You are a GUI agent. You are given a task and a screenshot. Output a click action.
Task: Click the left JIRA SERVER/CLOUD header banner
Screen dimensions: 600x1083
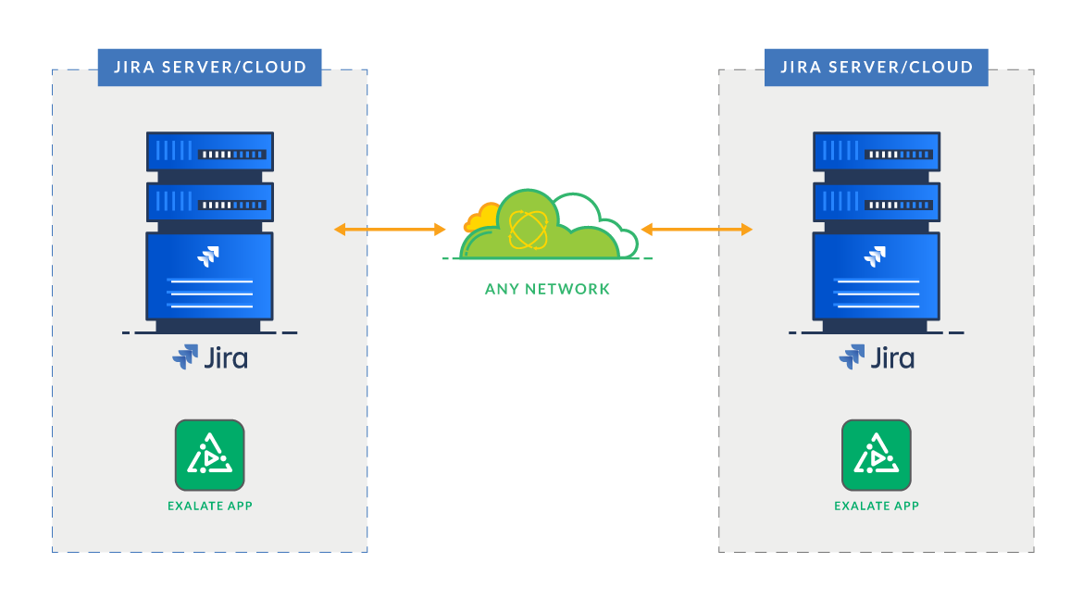pos(209,68)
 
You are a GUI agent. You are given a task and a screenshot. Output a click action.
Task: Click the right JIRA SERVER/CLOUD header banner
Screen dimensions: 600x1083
pos(876,68)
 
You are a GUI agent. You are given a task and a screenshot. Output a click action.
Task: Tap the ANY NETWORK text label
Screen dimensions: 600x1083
pos(547,289)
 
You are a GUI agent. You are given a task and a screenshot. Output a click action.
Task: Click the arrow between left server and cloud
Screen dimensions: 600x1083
pos(390,229)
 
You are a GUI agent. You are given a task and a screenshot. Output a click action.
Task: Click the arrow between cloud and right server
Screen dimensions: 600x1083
pos(696,229)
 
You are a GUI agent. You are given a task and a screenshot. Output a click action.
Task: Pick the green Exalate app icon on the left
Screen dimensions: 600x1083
pos(209,455)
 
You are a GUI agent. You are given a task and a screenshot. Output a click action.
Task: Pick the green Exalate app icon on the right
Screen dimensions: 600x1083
pos(876,455)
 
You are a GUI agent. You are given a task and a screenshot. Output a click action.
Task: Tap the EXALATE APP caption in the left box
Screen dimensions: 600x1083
pos(209,506)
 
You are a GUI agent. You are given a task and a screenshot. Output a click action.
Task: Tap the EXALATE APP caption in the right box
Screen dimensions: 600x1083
pos(876,506)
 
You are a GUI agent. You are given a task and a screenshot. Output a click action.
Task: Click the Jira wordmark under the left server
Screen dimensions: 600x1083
pos(210,357)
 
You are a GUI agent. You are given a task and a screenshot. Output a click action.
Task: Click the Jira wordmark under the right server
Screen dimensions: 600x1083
pos(877,357)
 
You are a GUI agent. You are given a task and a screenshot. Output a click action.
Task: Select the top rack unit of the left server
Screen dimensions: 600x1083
pos(210,151)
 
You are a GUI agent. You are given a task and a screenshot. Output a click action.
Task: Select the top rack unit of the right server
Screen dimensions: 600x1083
pos(877,151)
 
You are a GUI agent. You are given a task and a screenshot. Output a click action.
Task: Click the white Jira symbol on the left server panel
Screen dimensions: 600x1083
pos(209,256)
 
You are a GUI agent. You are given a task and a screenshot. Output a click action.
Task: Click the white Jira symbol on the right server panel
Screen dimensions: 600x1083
pos(876,256)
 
